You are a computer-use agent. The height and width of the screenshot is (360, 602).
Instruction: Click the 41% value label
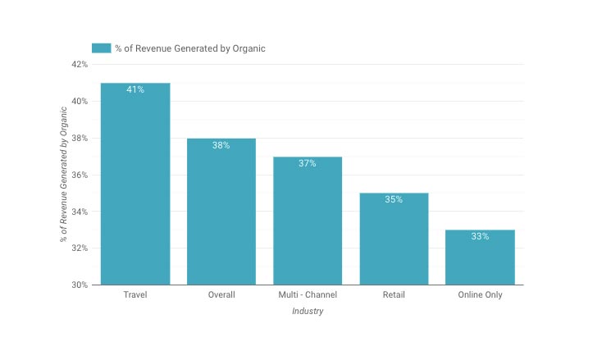coord(135,89)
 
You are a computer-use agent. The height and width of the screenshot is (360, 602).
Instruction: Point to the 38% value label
coord(221,145)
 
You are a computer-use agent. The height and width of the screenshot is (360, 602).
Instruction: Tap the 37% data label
coord(308,163)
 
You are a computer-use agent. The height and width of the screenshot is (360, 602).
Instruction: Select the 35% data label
coord(394,199)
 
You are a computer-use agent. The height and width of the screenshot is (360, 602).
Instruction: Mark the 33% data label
coord(480,236)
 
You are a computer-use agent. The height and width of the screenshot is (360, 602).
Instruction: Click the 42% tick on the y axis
coord(80,64)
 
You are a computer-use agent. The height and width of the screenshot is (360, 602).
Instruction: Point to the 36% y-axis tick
coord(80,175)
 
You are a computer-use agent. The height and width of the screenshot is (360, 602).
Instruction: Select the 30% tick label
coord(80,285)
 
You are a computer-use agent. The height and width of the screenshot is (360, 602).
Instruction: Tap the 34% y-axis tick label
coord(80,212)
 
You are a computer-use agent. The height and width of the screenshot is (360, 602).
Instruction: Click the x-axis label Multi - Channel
coord(308,294)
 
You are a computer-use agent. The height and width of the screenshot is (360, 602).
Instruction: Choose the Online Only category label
coord(480,294)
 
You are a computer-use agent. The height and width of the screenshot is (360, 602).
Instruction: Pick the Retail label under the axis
coord(394,294)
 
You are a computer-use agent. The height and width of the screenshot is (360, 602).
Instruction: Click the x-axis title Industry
coord(308,311)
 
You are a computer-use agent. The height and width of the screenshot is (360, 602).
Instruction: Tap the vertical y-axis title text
coord(63,175)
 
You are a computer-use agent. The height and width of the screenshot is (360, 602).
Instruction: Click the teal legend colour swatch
coord(101,48)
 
